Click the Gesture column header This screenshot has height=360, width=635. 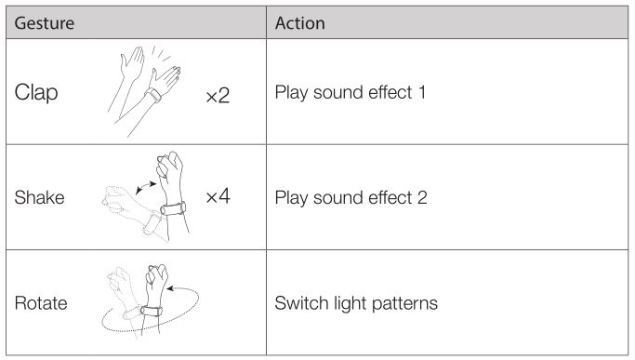click(44, 23)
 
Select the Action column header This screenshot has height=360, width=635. click(299, 23)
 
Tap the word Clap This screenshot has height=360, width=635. click(36, 93)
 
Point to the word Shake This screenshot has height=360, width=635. click(39, 198)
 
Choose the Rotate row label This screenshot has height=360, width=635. click(41, 303)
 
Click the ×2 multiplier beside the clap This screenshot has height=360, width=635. click(218, 96)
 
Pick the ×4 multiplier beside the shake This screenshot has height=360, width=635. click(218, 195)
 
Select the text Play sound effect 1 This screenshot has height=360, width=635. click(351, 92)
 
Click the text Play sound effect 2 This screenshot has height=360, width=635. click(351, 198)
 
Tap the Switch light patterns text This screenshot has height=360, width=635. click(356, 303)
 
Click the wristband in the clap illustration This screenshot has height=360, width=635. click(153, 95)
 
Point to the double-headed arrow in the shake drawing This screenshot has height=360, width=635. click(146, 187)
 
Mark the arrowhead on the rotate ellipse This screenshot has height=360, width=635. click(170, 288)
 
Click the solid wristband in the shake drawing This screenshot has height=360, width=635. click(173, 208)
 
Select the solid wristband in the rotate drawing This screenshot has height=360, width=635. click(152, 311)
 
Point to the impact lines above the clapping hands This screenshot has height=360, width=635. click(161, 54)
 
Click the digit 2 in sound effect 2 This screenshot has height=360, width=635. click(422, 197)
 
